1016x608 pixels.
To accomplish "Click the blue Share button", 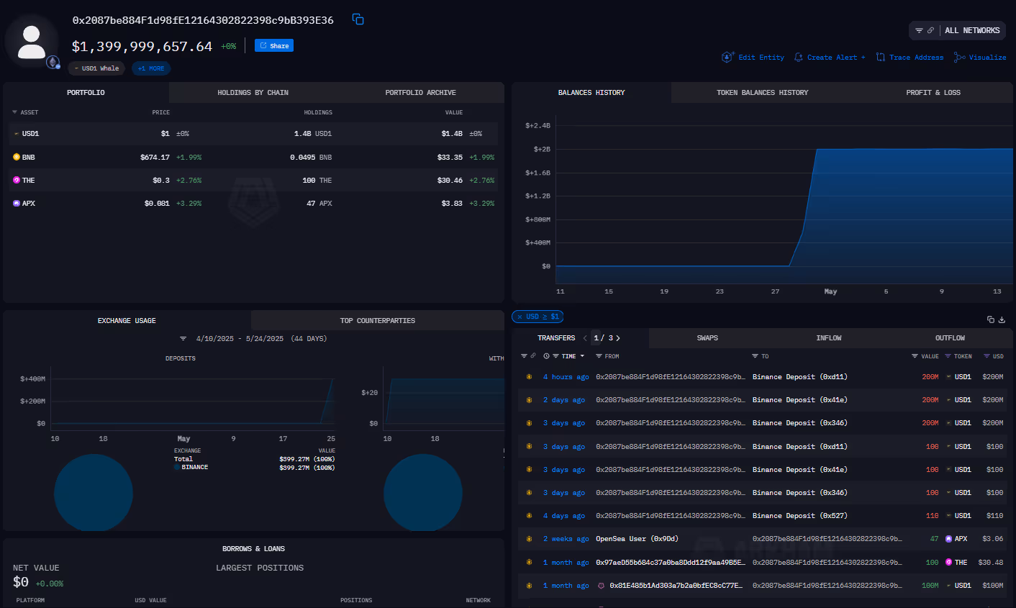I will pyautogui.click(x=274, y=46).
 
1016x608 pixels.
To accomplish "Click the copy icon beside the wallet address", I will pyautogui.click(x=358, y=19).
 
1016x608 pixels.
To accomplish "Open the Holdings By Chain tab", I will pyautogui.click(x=253, y=93).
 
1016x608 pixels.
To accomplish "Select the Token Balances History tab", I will pyautogui.click(x=762, y=93).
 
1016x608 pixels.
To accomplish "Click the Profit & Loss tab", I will pyautogui.click(x=933, y=93).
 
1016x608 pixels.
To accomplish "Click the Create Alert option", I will pyautogui.click(x=832, y=58).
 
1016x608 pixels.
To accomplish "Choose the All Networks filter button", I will pyautogui.click(x=971, y=30).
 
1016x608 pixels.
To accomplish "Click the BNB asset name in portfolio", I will pyautogui.click(x=28, y=157).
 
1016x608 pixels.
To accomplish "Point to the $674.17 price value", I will pyautogui.click(x=155, y=157).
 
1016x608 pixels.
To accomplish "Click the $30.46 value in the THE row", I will pyautogui.click(x=450, y=181).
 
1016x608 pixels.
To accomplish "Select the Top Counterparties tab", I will pyautogui.click(x=377, y=321).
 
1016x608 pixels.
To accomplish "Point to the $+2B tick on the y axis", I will pyautogui.click(x=542, y=150).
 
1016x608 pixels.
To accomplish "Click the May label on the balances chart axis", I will pyautogui.click(x=830, y=291).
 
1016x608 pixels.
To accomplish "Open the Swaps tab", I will pyautogui.click(x=707, y=338).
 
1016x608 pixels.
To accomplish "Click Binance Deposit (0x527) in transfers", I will pyautogui.click(x=799, y=516).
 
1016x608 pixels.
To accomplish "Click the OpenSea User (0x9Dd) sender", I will pyautogui.click(x=637, y=539).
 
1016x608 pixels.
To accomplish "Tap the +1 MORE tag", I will pyautogui.click(x=151, y=68).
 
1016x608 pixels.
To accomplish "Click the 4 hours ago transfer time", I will pyautogui.click(x=566, y=377).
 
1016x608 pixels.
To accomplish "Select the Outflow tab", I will pyautogui.click(x=950, y=338).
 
